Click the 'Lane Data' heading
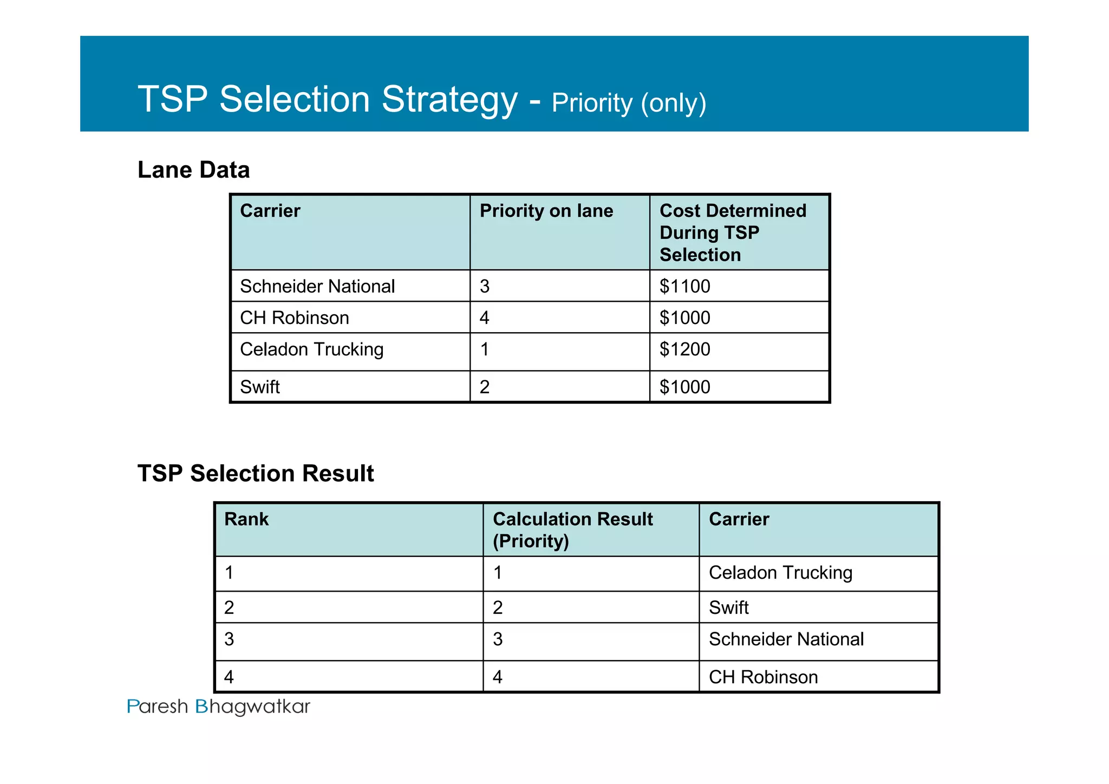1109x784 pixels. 193,170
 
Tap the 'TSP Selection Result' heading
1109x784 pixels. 256,474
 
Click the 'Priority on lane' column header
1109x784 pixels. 546,211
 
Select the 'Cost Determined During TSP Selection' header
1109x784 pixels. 732,232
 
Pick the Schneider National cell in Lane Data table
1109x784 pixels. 317,286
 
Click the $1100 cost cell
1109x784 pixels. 684,286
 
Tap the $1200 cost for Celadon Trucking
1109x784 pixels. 684,349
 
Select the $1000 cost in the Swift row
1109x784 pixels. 684,387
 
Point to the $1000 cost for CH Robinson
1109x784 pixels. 684,318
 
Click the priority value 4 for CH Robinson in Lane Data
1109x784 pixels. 484,318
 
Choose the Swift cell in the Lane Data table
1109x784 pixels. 260,387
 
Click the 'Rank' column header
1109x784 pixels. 246,519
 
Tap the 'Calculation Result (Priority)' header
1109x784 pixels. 572,530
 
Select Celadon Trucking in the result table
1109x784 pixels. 780,573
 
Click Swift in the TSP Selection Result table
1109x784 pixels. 728,607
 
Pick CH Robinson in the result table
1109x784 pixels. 763,677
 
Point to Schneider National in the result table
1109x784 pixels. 786,639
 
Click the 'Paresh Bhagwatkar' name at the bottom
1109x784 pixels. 218,707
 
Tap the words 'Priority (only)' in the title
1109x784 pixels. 629,103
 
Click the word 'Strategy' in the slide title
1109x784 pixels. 449,100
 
